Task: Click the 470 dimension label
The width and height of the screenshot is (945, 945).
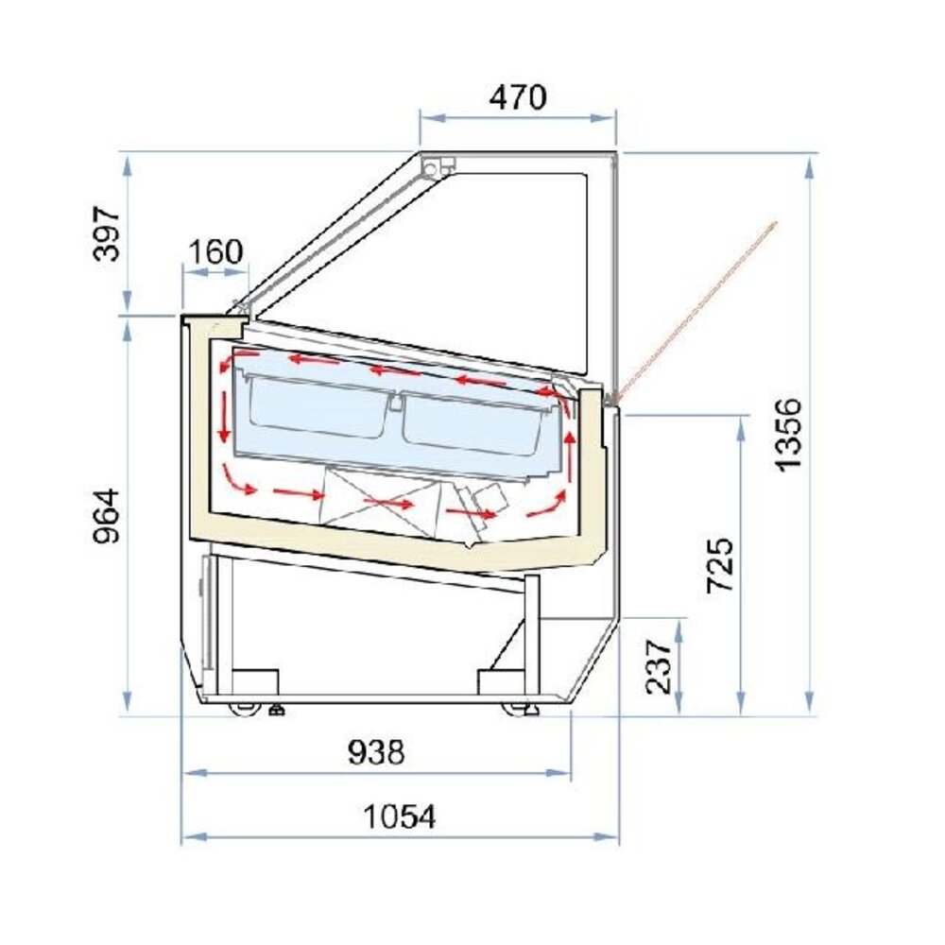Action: click(x=517, y=96)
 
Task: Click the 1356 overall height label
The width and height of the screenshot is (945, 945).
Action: click(x=787, y=433)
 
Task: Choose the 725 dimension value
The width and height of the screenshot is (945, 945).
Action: click(x=720, y=564)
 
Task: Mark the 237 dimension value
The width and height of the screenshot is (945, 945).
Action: click(x=659, y=664)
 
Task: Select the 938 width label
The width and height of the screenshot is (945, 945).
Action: click(x=376, y=753)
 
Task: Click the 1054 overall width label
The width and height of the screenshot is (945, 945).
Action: click(x=400, y=816)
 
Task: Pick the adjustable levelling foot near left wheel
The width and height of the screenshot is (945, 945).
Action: click(x=277, y=708)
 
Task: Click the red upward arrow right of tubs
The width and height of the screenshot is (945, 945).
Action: click(x=570, y=454)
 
